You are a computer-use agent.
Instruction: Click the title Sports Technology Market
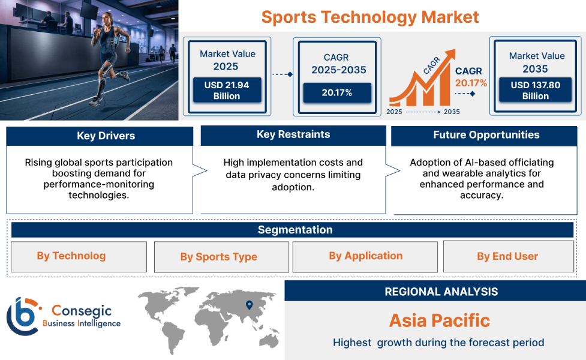point(370,17)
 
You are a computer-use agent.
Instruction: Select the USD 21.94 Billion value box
point(226,91)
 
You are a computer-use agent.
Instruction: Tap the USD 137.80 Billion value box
point(535,91)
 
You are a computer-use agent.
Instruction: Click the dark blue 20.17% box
point(336,92)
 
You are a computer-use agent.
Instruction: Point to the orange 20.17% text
point(471,83)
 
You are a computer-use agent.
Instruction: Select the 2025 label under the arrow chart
point(395,112)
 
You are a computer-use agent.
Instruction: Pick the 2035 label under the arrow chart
point(452,112)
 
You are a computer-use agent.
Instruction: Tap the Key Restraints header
point(293,135)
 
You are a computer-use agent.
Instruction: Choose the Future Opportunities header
point(486,135)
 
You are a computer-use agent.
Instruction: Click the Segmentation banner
point(294,230)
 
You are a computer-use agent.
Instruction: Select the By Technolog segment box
point(79,257)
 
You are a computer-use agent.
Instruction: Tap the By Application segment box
point(365,257)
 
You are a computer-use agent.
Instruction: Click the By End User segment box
point(507,257)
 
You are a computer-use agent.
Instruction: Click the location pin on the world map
point(250,305)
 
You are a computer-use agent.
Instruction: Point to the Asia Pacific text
point(439,320)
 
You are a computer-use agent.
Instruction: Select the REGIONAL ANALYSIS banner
point(441,292)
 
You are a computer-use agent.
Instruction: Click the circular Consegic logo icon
point(22,316)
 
